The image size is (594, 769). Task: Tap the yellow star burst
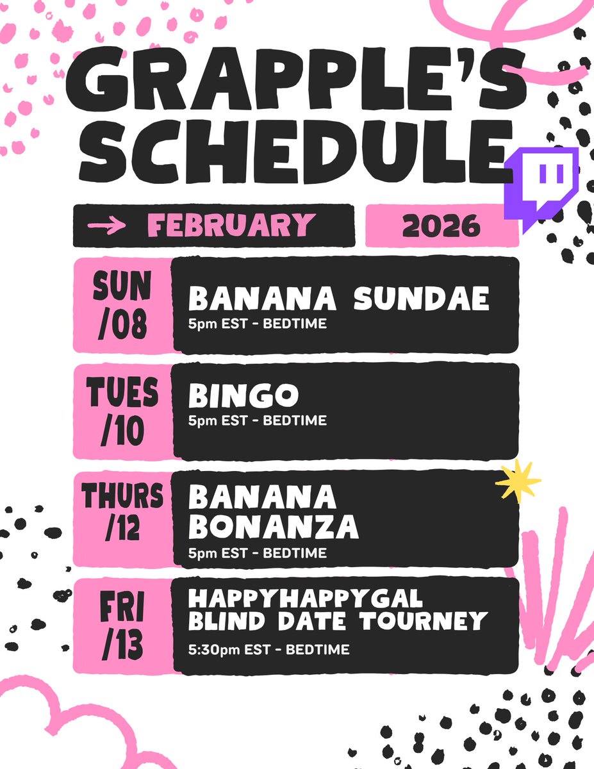tap(518, 482)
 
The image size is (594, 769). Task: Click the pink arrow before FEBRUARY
tap(106, 226)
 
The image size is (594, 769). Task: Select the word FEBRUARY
tap(231, 226)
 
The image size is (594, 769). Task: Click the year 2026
tap(441, 226)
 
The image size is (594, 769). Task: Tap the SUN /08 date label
tap(124, 304)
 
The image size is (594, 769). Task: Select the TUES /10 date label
tap(124, 411)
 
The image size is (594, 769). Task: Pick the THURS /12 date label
tap(123, 518)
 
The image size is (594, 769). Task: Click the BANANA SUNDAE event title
tap(338, 299)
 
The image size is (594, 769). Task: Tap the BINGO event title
tap(243, 397)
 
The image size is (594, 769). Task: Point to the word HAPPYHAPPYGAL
tap(306, 599)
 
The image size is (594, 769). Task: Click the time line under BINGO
tap(258, 421)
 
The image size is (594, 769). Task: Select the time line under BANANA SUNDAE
tap(258, 324)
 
